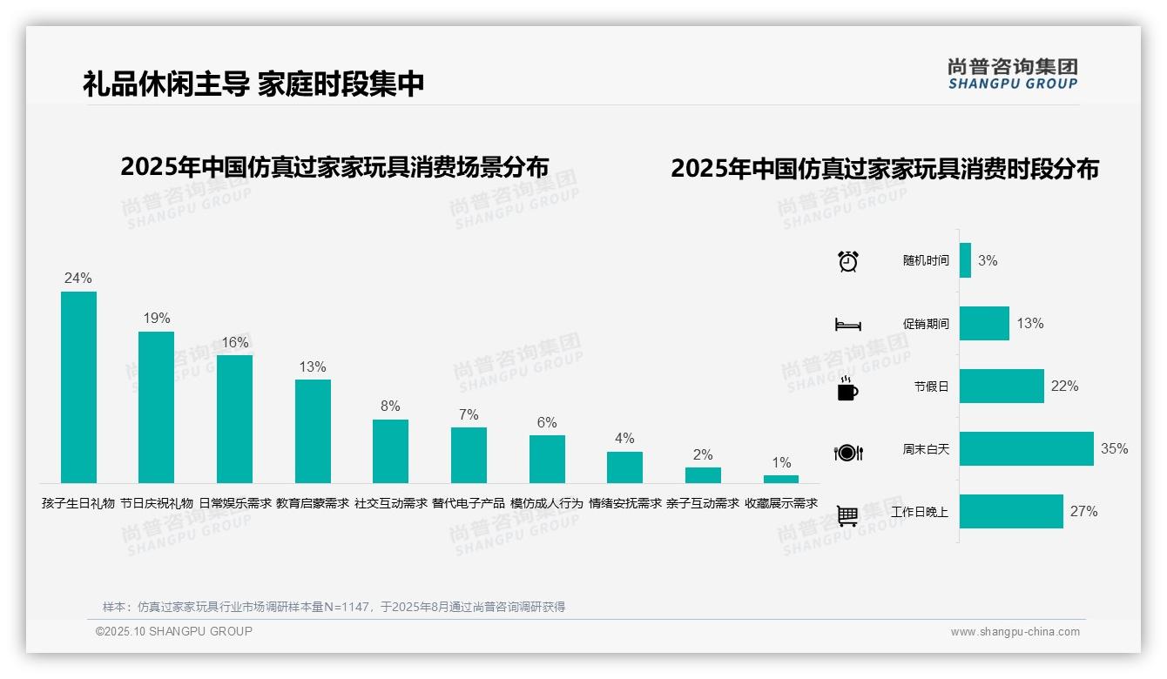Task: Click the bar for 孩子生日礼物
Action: point(78,387)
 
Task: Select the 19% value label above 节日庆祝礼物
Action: point(157,319)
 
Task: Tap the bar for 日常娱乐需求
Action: point(234,419)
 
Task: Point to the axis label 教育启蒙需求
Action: point(313,503)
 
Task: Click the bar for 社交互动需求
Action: point(390,451)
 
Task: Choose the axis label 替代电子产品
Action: point(469,503)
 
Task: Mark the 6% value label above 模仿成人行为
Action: point(547,423)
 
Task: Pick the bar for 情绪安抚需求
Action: point(624,467)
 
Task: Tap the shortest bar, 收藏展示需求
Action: point(781,479)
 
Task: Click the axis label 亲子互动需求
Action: point(703,503)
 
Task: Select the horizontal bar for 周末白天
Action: point(1026,449)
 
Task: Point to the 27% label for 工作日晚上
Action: point(1083,512)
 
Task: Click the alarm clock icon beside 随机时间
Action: point(848,261)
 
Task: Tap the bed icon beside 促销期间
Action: point(848,325)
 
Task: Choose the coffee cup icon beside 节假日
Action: point(847,388)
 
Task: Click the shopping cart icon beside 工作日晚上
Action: point(847,515)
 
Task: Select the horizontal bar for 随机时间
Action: point(965,260)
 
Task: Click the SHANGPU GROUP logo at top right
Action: point(1013,74)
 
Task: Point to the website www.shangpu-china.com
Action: point(1015,632)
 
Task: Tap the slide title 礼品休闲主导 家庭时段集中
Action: point(253,84)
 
